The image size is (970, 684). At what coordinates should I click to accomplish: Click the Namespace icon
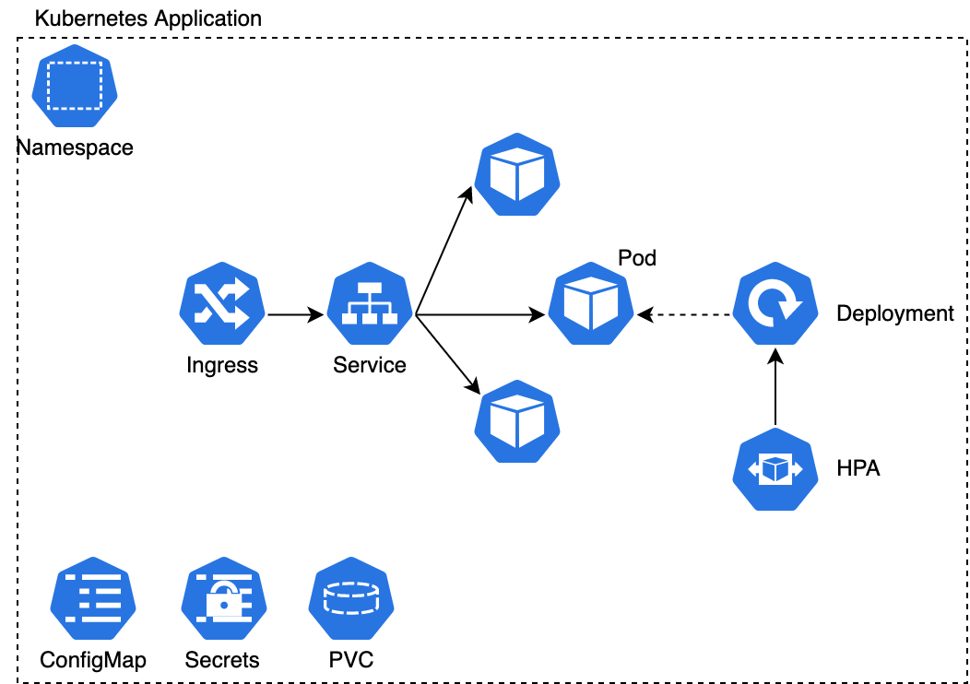pyautogui.click(x=75, y=90)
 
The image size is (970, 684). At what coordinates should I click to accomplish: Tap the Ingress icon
pyautogui.click(x=222, y=308)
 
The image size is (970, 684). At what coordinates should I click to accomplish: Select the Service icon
pyautogui.click(x=369, y=308)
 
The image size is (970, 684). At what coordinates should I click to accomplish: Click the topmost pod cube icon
pyautogui.click(x=517, y=175)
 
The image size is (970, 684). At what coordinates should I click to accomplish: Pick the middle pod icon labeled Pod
pyautogui.click(x=591, y=308)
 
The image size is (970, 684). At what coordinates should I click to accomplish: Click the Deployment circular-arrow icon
pyautogui.click(x=775, y=308)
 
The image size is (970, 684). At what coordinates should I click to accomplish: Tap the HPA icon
pyautogui.click(x=775, y=469)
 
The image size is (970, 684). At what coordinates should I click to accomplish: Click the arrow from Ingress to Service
pyautogui.click(x=295, y=315)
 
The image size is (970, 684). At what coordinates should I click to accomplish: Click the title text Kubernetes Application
pyautogui.click(x=148, y=18)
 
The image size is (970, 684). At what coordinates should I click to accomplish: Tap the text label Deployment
pyautogui.click(x=894, y=313)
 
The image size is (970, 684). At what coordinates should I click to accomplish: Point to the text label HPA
pyautogui.click(x=858, y=469)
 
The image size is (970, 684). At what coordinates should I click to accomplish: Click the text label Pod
pyautogui.click(x=637, y=258)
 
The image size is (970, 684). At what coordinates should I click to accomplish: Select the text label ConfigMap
pyautogui.click(x=93, y=660)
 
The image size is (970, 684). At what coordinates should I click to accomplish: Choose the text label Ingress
pyautogui.click(x=222, y=365)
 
